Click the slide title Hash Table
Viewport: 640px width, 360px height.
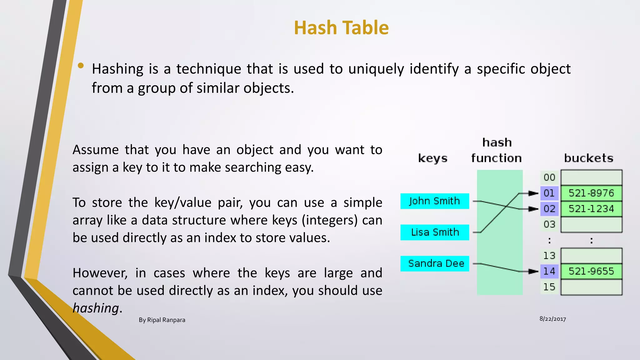click(341, 28)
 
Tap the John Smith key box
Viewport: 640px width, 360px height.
click(434, 201)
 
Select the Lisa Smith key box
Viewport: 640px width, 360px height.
click(434, 232)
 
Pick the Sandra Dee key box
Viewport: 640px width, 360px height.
click(434, 263)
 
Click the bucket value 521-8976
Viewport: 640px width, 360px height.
click(591, 193)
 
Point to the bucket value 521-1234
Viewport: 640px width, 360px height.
click(591, 209)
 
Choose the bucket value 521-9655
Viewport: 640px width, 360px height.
click(591, 271)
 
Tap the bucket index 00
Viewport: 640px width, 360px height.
click(549, 177)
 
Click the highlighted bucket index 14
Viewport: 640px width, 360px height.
click(549, 271)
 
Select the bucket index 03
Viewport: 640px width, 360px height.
click(549, 224)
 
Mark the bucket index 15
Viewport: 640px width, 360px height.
click(549, 287)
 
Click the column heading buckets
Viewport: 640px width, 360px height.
click(588, 158)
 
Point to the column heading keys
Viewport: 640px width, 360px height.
click(433, 158)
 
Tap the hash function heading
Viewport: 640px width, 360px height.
click(497, 151)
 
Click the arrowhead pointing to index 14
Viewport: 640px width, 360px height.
click(533, 271)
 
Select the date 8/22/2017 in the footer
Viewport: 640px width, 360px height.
click(552, 319)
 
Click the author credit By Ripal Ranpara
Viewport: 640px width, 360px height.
click(162, 320)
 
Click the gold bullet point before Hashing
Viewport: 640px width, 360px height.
click(81, 66)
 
